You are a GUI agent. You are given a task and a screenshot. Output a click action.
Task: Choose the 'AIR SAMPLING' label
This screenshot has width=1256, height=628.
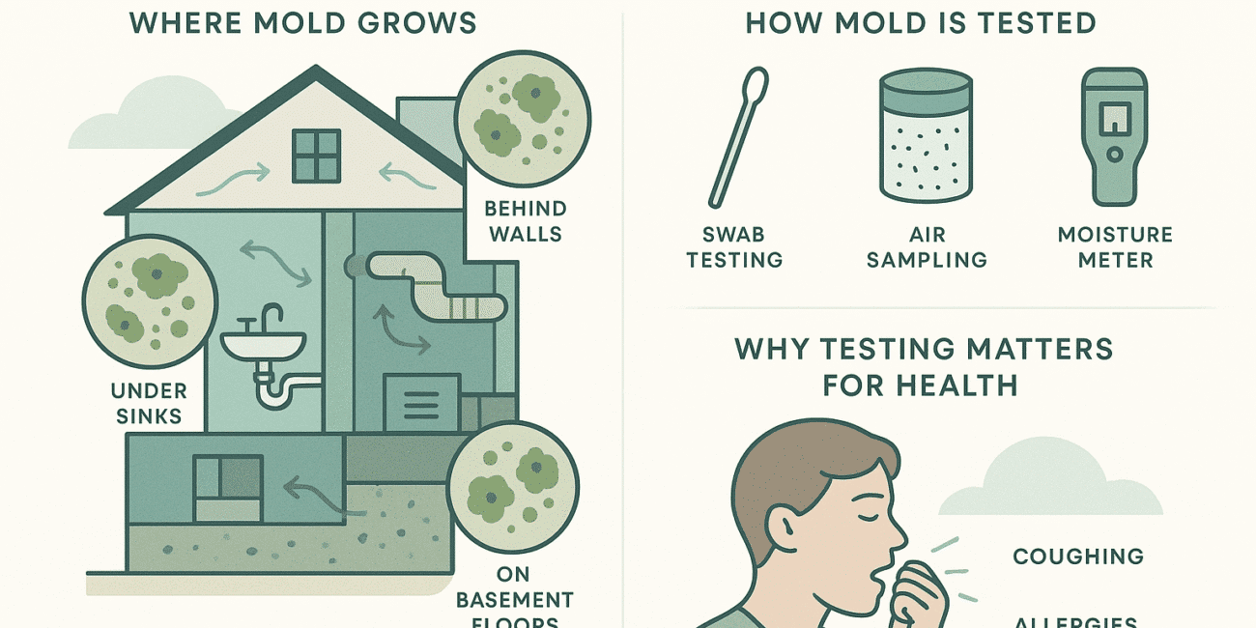coord(927,247)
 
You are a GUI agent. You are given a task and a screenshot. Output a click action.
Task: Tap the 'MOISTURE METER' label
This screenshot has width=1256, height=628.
coord(1115,247)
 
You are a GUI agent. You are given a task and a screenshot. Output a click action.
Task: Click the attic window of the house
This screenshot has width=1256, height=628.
coord(316,157)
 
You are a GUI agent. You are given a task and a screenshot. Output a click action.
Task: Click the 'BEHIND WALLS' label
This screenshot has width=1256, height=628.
coord(525,220)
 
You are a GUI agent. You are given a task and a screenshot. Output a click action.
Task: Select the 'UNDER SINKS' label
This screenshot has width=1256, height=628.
coord(148,404)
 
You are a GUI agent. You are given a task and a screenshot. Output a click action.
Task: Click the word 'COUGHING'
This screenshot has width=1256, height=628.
coord(1077,557)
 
